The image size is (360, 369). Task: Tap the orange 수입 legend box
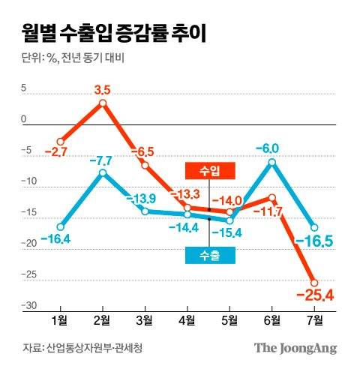(209, 171)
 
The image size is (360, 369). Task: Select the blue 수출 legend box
(209, 256)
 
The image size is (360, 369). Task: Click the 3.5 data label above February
(103, 90)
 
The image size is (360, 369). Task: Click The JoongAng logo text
(295, 348)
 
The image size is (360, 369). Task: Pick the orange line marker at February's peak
(103, 103)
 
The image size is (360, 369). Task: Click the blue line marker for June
(272, 162)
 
